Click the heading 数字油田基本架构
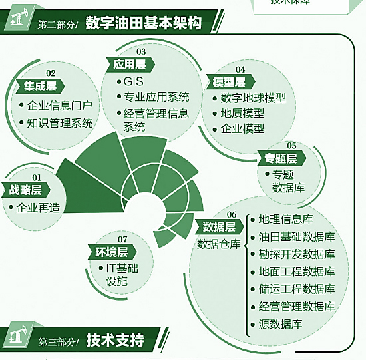[x=143, y=23]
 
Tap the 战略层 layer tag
[x=26, y=190]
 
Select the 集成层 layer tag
[x=40, y=86]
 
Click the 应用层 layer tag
[x=130, y=64]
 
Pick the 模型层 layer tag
[x=230, y=82]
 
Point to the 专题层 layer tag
[x=281, y=158]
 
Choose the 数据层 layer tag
[x=219, y=227]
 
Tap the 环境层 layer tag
[x=112, y=252]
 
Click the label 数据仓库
[x=219, y=244]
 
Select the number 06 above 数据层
[x=232, y=214]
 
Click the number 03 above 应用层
[x=141, y=51]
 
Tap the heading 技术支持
[x=115, y=340]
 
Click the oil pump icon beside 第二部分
[x=18, y=18]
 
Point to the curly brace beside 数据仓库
[x=246, y=275]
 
